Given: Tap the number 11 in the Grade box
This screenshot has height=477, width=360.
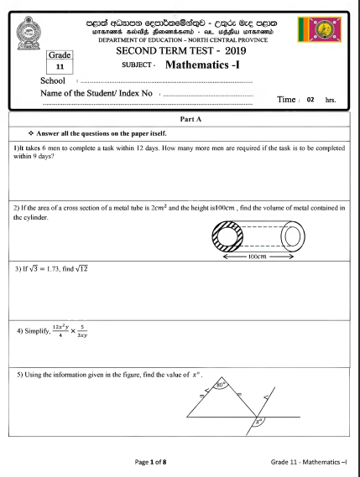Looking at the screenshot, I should (x=60, y=65).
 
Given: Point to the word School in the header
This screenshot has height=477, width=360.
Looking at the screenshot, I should (x=53, y=80).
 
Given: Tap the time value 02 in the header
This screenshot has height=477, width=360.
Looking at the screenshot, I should (x=310, y=99).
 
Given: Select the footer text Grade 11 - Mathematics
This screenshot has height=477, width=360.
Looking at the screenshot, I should (x=309, y=462).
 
